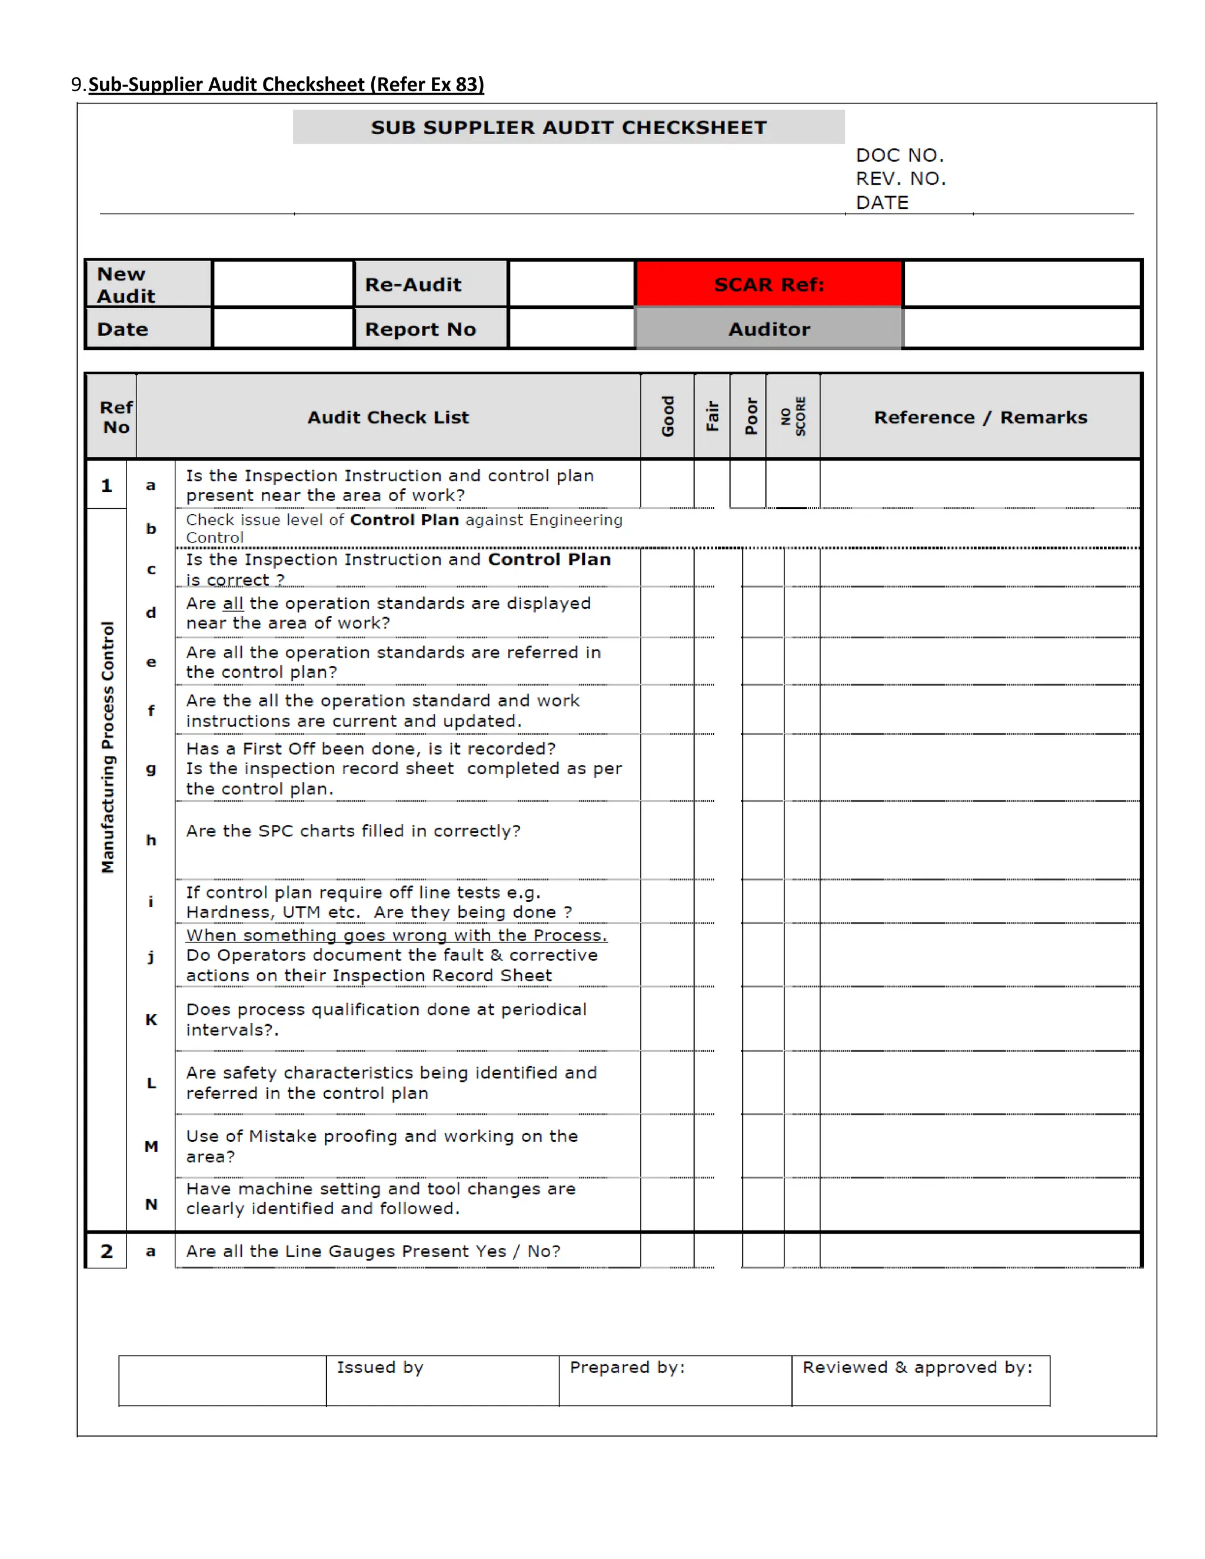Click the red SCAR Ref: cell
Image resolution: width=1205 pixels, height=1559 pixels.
(x=769, y=284)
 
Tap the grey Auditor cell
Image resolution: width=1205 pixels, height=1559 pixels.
(x=769, y=329)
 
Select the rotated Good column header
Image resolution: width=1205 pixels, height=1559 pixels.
(x=667, y=416)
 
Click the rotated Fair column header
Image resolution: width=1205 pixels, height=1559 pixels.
(x=712, y=416)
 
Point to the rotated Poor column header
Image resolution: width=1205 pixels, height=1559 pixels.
(x=750, y=416)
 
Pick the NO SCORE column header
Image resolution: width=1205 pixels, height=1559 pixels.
(x=793, y=416)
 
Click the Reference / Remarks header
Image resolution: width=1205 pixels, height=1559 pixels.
(x=980, y=417)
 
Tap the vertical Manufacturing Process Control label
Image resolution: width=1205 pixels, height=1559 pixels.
(x=107, y=747)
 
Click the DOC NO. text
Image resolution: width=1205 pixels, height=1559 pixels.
(x=900, y=155)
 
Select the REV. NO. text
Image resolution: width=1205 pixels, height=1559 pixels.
(x=901, y=178)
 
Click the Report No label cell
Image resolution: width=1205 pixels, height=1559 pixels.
(x=421, y=329)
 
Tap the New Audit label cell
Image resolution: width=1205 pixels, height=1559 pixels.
(x=126, y=285)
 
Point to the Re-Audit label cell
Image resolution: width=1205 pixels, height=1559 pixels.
(x=413, y=284)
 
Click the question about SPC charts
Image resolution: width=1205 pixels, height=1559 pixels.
(x=354, y=831)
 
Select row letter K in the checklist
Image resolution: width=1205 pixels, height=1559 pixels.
(x=151, y=1020)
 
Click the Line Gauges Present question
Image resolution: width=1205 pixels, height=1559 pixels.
(x=372, y=1251)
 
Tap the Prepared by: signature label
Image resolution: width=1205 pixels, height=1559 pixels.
(x=627, y=1367)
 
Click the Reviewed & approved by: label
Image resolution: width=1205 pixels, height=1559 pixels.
(x=917, y=1367)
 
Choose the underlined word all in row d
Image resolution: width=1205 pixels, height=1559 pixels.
(x=233, y=603)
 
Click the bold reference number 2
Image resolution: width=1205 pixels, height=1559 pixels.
(x=106, y=1251)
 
